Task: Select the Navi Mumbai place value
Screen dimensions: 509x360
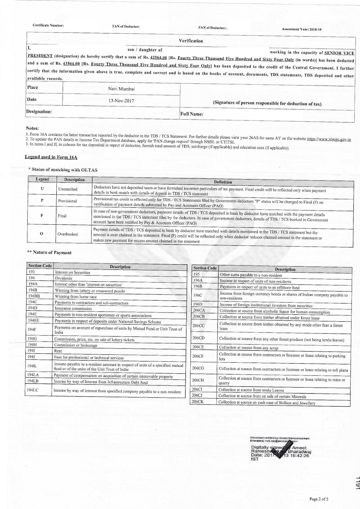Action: [121, 89]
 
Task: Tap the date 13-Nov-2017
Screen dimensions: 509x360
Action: [121, 101]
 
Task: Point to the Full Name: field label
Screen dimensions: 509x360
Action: [192, 114]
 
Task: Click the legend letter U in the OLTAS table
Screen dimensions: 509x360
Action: [42, 189]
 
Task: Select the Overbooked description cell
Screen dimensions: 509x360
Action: [68, 234]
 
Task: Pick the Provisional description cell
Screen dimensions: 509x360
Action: [67, 201]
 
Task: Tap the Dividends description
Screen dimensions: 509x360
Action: [64, 278]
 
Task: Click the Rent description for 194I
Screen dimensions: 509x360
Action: [58, 351]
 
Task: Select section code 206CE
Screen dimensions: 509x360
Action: [198, 347]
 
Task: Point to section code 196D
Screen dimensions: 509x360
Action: [197, 305]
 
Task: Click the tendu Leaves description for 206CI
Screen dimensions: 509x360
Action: [251, 390]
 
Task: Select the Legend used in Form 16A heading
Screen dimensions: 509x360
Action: [51, 157]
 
